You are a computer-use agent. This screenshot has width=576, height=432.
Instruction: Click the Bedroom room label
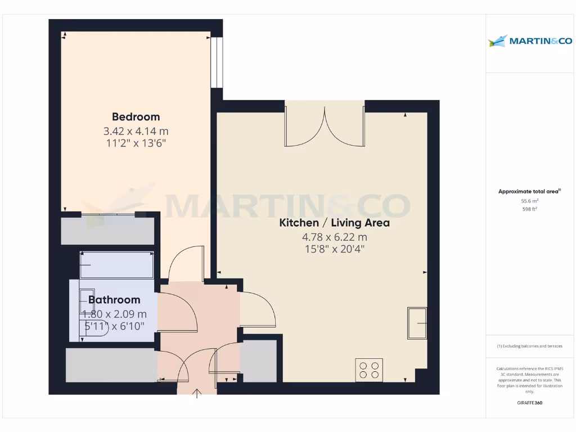[136, 117]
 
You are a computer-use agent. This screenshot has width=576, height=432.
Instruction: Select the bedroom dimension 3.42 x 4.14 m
[136, 131]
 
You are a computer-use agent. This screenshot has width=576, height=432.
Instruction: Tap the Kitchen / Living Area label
[334, 223]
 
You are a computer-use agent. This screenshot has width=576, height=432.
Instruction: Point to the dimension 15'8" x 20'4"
[334, 249]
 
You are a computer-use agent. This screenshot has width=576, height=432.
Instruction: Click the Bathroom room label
[114, 300]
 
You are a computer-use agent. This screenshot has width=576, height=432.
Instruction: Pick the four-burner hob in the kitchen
[369, 370]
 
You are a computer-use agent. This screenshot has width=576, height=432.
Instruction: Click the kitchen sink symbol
[417, 323]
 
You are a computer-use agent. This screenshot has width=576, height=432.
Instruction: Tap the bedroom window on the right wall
[217, 62]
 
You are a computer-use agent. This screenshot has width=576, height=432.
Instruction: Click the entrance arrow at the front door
[197, 393]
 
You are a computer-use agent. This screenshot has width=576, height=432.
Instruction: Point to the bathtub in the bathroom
[116, 265]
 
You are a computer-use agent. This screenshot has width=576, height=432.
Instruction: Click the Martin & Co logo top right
[530, 40]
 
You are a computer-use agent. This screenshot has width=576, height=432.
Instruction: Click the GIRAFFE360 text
[529, 403]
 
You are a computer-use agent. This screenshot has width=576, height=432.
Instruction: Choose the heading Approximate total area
[529, 192]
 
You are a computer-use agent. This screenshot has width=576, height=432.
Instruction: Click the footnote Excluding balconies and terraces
[529, 346]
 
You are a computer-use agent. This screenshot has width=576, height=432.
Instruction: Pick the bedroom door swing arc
[186, 262]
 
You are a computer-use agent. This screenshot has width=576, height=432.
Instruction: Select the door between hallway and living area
[258, 309]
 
